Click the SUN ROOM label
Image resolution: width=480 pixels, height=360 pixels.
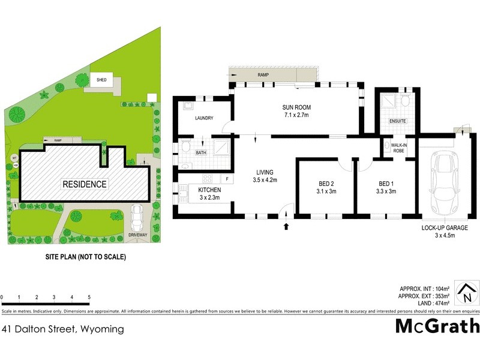coord(297,108)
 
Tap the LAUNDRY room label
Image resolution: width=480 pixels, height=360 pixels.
coord(204,118)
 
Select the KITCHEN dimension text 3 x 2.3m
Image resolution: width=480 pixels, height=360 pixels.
coord(209,197)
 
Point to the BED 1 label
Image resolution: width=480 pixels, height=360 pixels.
coord(388,184)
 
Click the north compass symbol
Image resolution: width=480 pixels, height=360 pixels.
coord(466,293)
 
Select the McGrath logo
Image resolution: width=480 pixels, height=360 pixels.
coord(437,326)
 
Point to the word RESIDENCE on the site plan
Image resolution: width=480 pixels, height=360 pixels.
coord(85,184)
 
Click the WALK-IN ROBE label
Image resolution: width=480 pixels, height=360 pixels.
coord(400,148)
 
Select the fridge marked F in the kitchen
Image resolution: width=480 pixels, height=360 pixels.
coord(227,178)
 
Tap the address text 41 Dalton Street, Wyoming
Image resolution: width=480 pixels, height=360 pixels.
coord(63,329)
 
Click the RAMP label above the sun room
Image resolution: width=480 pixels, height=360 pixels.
coord(263,75)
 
